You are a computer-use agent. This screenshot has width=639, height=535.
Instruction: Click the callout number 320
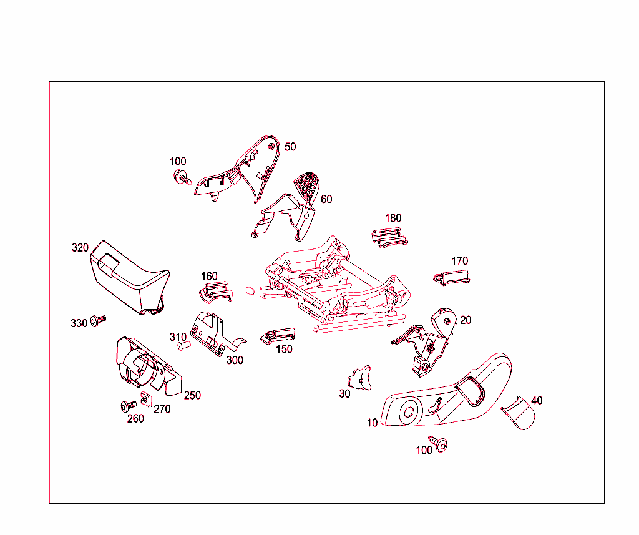point(80,247)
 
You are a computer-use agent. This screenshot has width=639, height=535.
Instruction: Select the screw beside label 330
point(98,320)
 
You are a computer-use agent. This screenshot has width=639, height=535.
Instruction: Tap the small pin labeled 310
point(184,346)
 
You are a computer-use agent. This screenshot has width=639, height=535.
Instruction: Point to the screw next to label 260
point(129,406)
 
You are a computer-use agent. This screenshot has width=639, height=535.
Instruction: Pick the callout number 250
point(192,395)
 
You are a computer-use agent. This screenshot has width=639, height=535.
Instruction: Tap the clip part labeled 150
point(278,336)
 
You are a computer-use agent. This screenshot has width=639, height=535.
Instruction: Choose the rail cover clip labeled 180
point(389,238)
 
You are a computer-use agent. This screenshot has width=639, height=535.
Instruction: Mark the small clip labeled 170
point(452,278)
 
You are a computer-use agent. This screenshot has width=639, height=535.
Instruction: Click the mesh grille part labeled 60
point(307,187)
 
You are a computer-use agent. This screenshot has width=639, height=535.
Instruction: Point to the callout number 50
point(290,147)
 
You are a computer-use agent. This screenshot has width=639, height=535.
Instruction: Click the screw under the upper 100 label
point(183,177)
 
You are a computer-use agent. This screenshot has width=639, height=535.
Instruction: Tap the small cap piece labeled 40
point(519,413)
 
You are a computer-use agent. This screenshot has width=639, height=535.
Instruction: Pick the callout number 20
point(466,320)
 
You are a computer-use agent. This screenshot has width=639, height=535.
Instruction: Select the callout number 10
point(372,423)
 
